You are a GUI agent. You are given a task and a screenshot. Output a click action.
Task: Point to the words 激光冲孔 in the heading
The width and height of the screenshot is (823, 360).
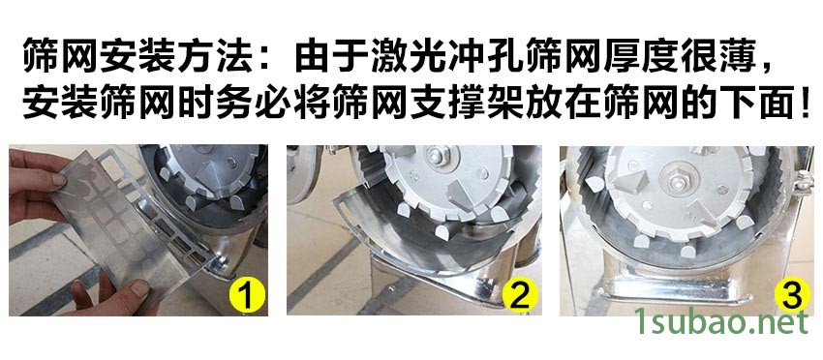point(446,59)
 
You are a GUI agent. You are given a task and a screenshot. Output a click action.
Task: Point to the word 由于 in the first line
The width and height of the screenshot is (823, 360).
point(325,59)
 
